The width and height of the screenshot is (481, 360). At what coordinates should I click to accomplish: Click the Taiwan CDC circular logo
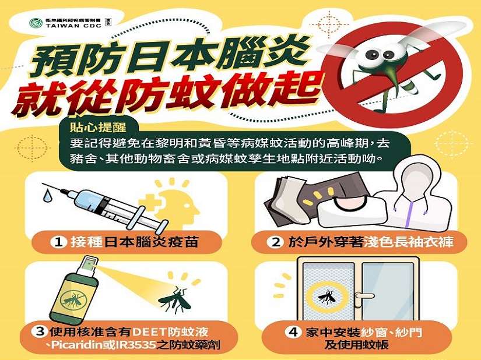(36, 23)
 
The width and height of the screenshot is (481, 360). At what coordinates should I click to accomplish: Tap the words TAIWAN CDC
(73, 26)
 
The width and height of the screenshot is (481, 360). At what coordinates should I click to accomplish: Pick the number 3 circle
(40, 331)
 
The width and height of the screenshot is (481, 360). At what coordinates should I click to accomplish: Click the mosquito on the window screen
(327, 297)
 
